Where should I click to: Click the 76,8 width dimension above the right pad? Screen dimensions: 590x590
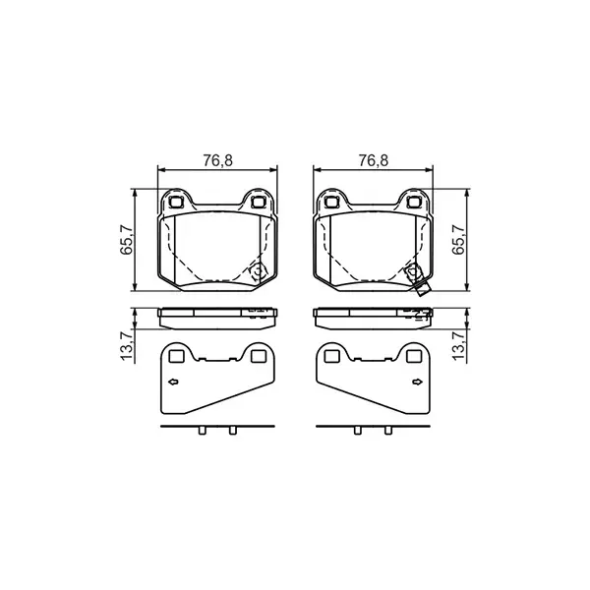[372, 160]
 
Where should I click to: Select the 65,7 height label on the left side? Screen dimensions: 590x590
[126, 239]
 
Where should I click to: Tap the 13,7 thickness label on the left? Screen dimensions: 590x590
[126, 347]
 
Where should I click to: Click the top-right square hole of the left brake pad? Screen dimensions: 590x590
[260, 203]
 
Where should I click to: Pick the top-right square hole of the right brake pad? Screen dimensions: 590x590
[413, 203]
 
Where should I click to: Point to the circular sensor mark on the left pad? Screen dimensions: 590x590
[258, 274]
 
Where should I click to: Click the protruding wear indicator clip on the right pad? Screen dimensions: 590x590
[422, 287]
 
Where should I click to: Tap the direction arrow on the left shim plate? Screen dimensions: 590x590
[174, 382]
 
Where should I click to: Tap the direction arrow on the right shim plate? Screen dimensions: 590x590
[417, 382]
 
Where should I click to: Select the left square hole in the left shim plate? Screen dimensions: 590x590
[178, 356]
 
